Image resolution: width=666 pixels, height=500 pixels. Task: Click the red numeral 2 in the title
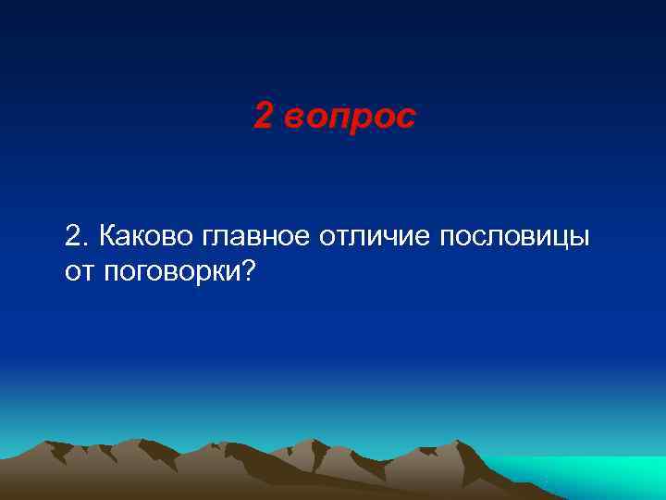tap(263, 117)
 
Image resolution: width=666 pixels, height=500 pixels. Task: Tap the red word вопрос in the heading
tap(351, 119)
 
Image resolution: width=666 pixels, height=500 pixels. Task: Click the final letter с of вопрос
tap(408, 119)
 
